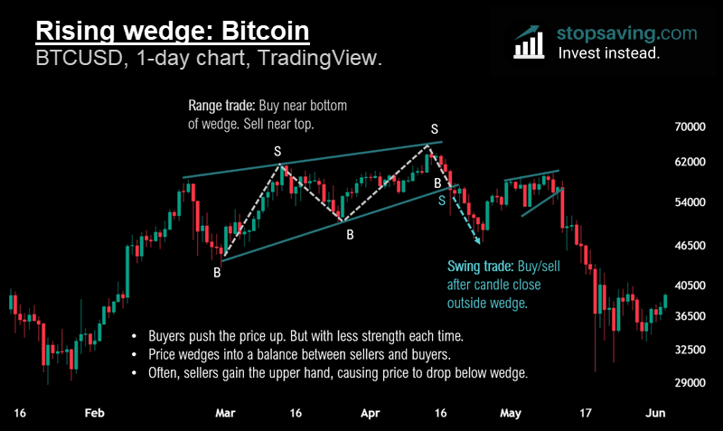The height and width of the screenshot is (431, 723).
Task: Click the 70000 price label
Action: click(x=690, y=129)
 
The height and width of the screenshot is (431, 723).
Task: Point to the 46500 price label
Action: click(x=690, y=245)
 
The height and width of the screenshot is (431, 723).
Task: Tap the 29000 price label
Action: click(x=690, y=382)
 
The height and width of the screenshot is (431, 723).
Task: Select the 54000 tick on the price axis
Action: click(x=690, y=201)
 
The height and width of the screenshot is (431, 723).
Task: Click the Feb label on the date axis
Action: click(x=95, y=413)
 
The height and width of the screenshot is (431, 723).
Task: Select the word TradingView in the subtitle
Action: click(x=325, y=60)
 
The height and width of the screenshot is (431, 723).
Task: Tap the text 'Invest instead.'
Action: click(x=608, y=53)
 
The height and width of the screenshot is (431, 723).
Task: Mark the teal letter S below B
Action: click(x=442, y=201)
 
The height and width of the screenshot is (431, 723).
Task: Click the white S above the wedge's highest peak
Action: click(x=435, y=129)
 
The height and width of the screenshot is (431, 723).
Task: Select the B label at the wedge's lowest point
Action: click(x=217, y=272)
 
